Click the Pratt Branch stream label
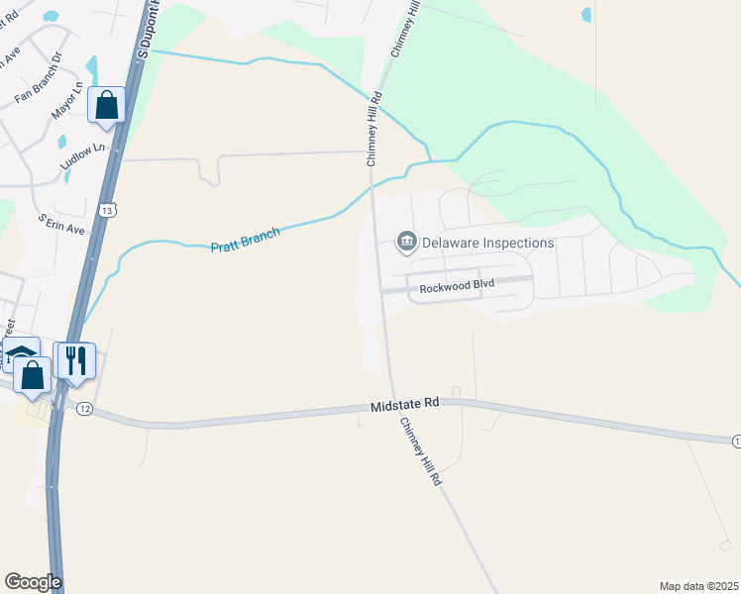246,240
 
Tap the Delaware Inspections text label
488,242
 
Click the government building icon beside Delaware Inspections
406,241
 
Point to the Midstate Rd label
404,405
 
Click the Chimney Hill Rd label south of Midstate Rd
421,450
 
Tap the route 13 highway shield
108,209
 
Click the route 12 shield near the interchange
84,409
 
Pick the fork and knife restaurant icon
76,359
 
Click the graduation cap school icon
21,352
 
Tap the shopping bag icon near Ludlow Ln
106,104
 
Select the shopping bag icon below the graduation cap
33,375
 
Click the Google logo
33,582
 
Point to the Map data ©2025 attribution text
698,586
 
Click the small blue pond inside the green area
586,15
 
